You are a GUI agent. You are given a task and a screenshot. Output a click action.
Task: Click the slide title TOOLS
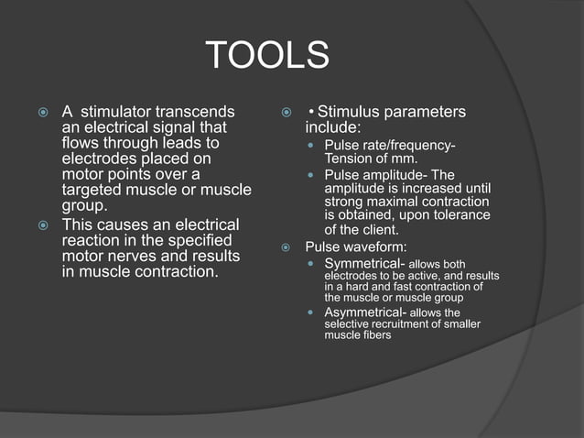coord(267,56)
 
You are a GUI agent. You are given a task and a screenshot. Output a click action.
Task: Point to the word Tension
coord(349,159)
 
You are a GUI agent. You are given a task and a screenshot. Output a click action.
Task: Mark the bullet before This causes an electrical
coord(43,224)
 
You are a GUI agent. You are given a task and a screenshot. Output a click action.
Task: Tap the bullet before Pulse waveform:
coord(286,247)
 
